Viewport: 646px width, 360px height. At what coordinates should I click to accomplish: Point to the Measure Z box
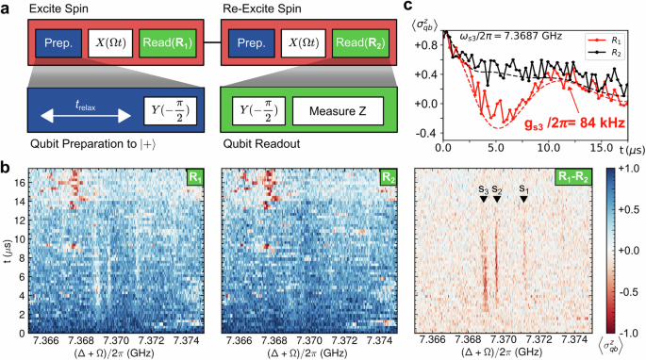[x=338, y=113]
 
